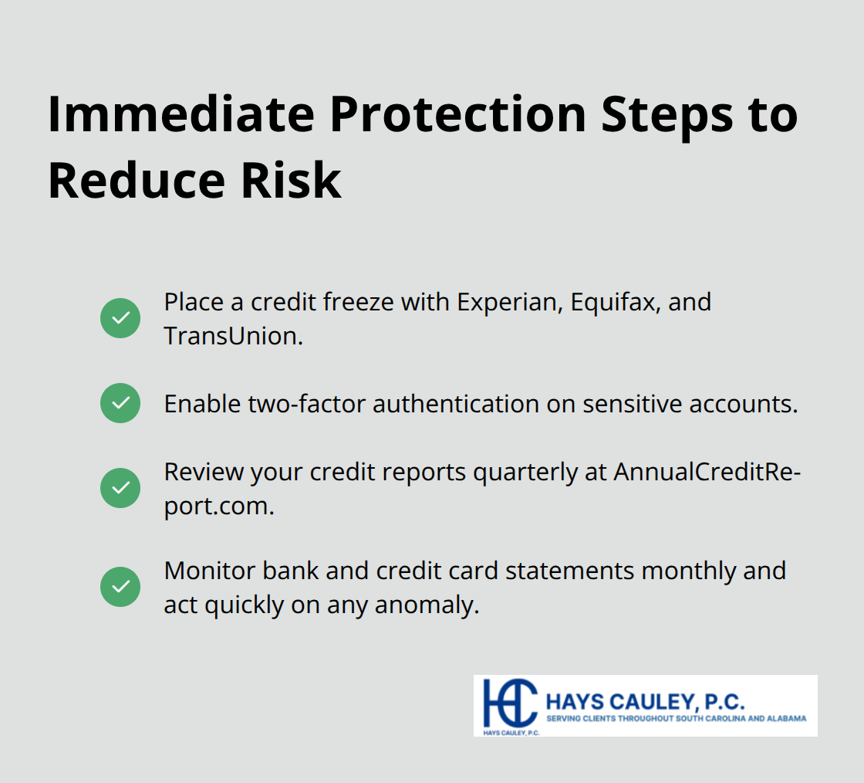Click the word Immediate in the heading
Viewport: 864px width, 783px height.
tap(181, 114)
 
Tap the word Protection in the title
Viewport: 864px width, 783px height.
tap(458, 114)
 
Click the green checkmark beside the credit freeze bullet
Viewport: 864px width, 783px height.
tap(120, 318)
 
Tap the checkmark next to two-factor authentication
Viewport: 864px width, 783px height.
tap(120, 403)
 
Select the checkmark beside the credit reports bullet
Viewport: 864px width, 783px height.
tap(120, 488)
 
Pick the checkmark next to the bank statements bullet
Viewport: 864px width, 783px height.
tap(120, 587)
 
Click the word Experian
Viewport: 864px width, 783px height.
tap(507, 302)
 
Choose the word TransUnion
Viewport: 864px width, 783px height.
tap(232, 335)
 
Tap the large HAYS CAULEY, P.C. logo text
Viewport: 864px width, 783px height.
tap(645, 702)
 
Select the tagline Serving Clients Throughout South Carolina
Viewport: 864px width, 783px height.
tap(676, 718)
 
